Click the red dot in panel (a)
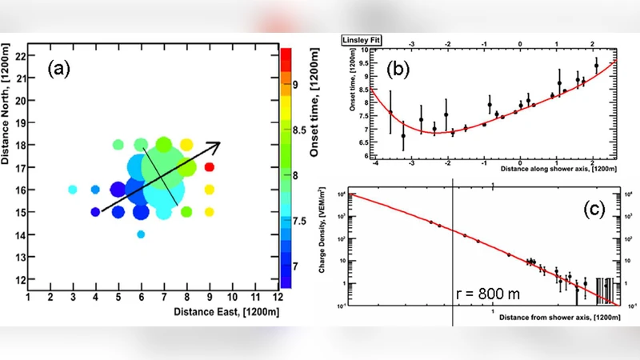coord(210,167)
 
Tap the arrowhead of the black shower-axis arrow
coord(214,145)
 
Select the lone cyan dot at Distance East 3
coord(73,190)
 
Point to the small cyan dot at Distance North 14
coord(141,234)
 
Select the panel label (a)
coord(65,68)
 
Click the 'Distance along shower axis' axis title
coord(558,170)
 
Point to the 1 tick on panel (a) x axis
coord(29,298)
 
